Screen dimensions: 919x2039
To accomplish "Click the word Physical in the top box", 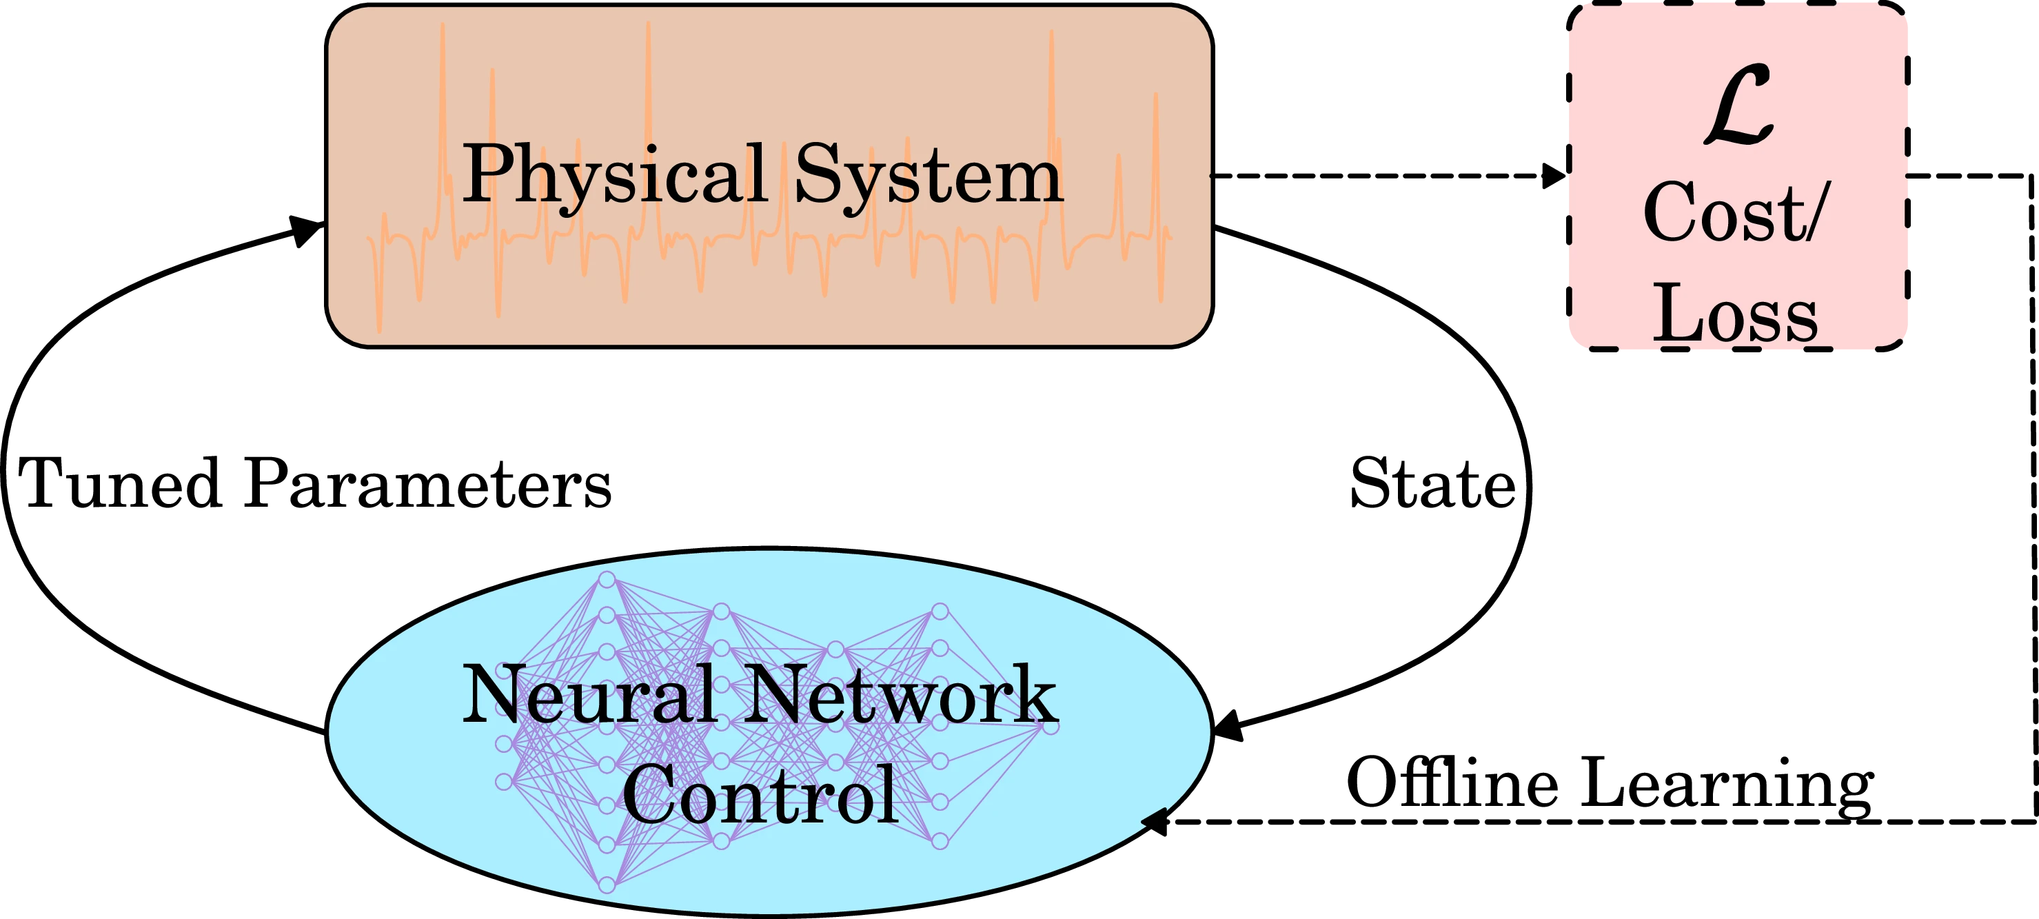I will pos(613,176).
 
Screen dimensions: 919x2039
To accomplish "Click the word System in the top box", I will pos(929,176).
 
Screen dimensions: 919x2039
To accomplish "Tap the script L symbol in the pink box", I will pos(1738,107).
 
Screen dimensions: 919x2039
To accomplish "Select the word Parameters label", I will pos(427,482).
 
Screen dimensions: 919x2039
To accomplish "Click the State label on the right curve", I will pos(1432,482).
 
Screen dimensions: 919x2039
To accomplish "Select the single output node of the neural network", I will pos(1051,726).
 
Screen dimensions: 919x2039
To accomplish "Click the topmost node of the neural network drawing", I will pos(607,580).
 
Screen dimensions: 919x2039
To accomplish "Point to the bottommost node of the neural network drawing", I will pos(607,884).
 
